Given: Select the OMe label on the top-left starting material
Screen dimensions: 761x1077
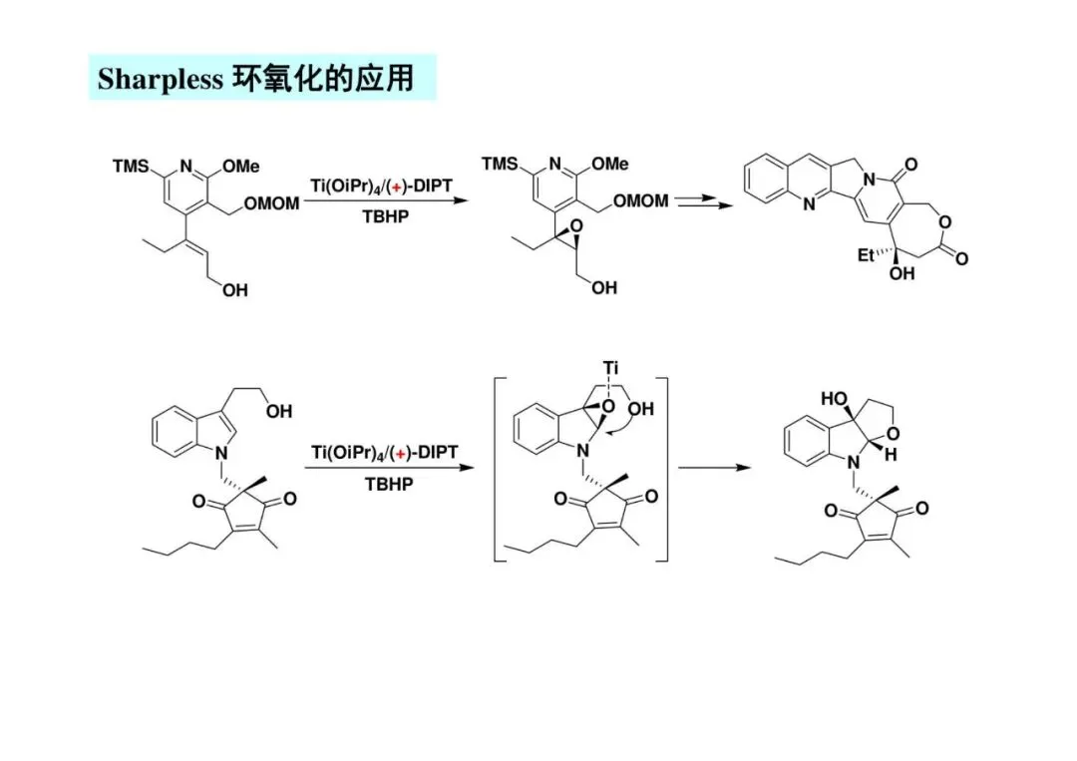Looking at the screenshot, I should coord(239,167).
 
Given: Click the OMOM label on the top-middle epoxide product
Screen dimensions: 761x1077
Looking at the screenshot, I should coord(640,200).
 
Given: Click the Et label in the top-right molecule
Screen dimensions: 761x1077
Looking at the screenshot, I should coord(868,255).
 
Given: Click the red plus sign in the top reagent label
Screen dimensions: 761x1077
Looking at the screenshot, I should coord(397,190).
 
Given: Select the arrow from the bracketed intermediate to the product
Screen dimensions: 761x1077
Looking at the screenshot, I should coord(713,467).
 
